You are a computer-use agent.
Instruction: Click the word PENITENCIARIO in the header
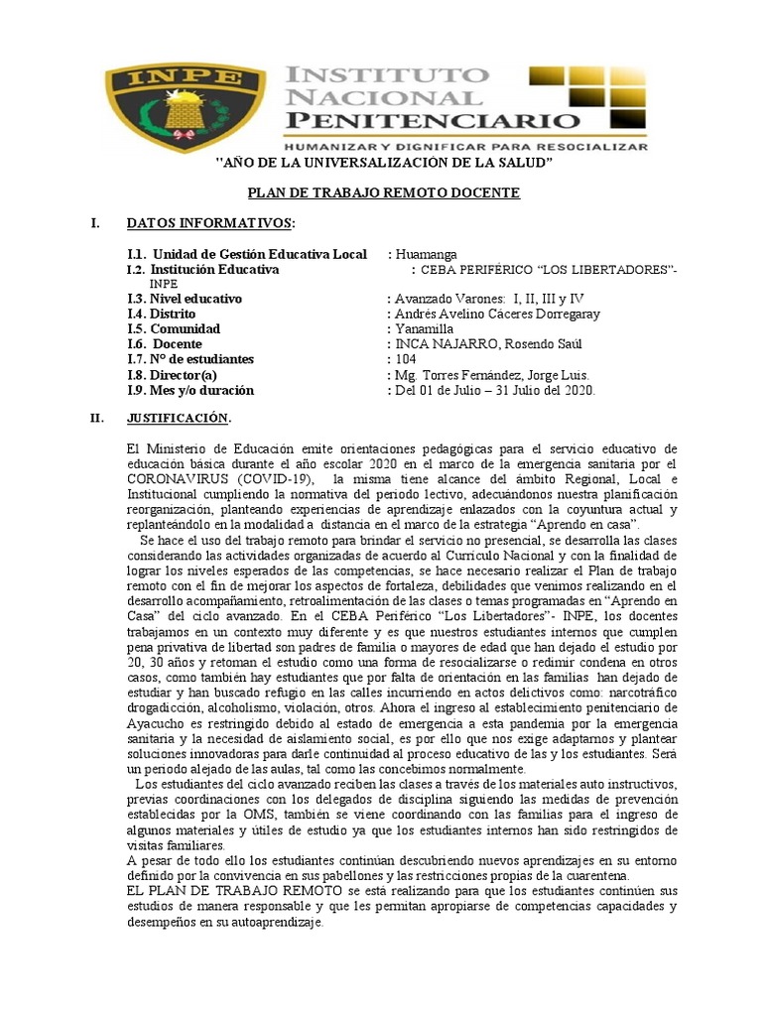(x=433, y=120)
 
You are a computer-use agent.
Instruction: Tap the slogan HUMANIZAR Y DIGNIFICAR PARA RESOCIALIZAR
(x=465, y=145)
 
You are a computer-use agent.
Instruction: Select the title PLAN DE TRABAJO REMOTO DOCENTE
(x=382, y=192)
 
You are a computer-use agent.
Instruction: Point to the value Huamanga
(x=427, y=254)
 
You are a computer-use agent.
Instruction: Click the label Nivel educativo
(x=185, y=299)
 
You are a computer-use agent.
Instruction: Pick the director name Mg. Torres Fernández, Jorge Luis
(x=492, y=374)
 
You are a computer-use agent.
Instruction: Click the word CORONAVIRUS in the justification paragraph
(x=179, y=478)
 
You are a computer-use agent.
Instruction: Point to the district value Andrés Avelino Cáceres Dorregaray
(x=497, y=314)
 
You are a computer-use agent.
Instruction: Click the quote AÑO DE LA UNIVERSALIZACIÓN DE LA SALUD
(x=384, y=162)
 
